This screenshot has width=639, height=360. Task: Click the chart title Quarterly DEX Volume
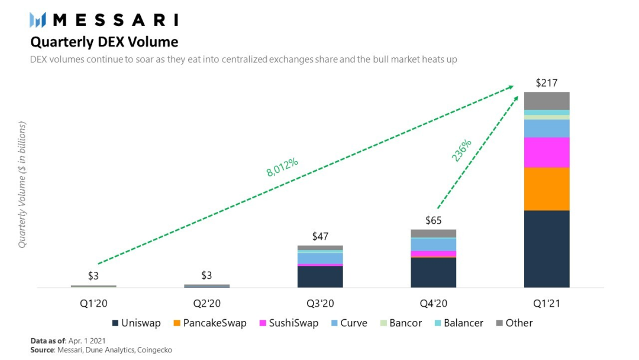coord(104,42)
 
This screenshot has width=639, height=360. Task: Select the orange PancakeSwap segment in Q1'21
coord(546,189)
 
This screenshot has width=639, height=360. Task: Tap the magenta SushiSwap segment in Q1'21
coord(546,152)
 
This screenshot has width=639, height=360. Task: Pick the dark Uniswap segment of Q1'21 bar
coord(546,249)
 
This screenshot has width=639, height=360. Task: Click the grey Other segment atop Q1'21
coord(546,101)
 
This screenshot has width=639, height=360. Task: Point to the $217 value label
coord(547,83)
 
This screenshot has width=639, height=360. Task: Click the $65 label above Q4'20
coord(433,221)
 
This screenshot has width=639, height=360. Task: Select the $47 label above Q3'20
coord(320,236)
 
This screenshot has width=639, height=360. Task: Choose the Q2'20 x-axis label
coord(206,304)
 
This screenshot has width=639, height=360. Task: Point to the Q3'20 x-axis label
coord(320,304)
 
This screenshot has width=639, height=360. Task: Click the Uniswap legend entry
coord(135,323)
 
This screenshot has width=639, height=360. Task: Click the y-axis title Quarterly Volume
coord(22,184)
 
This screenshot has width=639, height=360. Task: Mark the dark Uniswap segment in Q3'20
coord(320,277)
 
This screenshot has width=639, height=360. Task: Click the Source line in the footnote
coord(101,351)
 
